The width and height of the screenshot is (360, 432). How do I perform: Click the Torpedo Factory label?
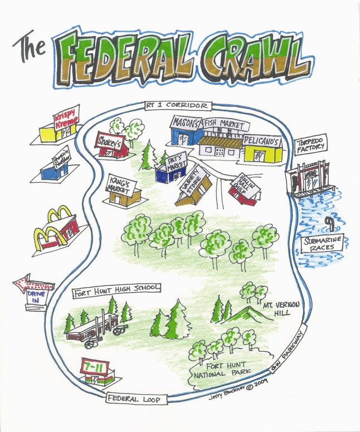coord(310,145)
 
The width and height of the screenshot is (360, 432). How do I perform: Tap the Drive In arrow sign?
coord(33,288)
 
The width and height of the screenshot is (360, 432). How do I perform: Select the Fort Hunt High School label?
coord(116,289)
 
